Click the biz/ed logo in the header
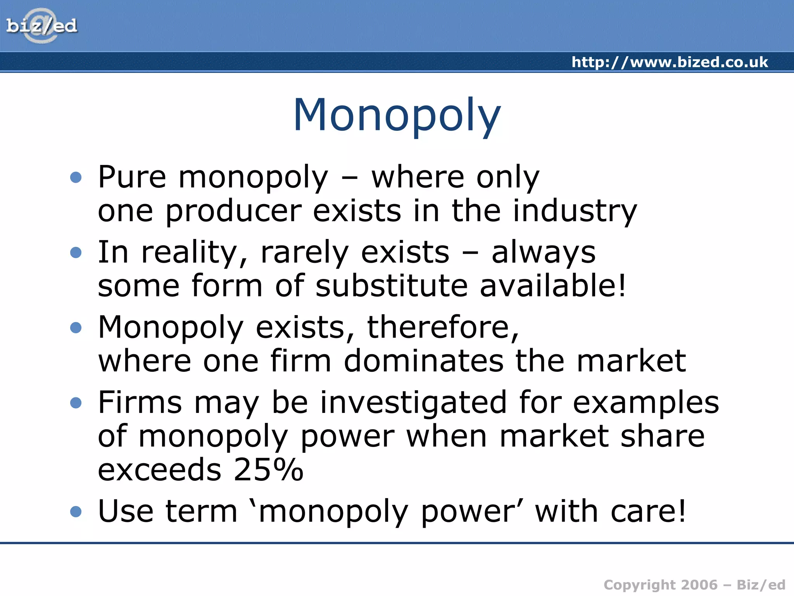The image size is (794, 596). (x=41, y=26)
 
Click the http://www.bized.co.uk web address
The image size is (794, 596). (x=670, y=62)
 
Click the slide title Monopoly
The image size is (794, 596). (x=397, y=115)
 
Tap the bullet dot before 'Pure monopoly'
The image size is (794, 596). (x=76, y=177)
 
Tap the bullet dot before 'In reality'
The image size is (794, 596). (x=76, y=253)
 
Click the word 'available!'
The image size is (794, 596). (x=553, y=286)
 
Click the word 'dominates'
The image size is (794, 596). (x=424, y=361)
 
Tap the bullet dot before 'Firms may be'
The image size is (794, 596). (x=76, y=403)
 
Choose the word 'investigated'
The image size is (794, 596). (x=413, y=403)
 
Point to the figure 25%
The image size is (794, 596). (x=268, y=470)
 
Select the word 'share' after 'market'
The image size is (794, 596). (x=662, y=437)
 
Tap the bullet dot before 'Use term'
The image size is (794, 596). (x=76, y=511)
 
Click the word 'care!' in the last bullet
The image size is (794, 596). (x=648, y=511)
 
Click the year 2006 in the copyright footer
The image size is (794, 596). (x=699, y=585)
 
